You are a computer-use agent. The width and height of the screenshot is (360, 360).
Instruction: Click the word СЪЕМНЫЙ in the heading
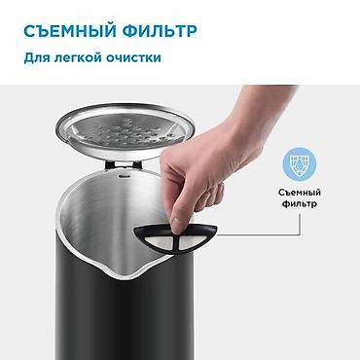(70, 31)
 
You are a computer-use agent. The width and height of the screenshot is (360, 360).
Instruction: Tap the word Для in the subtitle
(36, 57)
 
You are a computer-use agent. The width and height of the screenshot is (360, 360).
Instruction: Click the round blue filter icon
(299, 163)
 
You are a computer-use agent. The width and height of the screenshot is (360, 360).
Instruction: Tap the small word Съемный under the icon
(300, 193)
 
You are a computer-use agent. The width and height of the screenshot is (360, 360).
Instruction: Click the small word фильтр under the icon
(300, 204)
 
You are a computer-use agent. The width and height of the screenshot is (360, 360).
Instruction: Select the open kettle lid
(125, 131)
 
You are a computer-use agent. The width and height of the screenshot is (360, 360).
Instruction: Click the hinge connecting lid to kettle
(124, 164)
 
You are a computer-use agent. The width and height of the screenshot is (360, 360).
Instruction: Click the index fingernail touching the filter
(178, 225)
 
